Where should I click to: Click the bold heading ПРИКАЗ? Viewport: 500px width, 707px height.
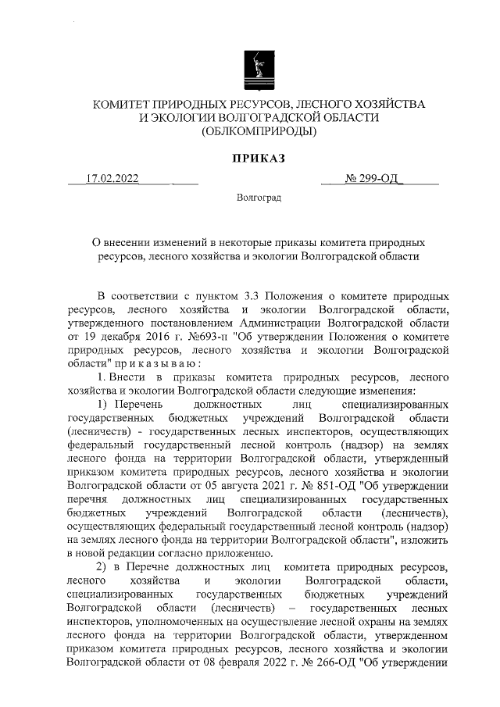click(x=258, y=159)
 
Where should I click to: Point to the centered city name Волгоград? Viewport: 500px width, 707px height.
click(x=259, y=199)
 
